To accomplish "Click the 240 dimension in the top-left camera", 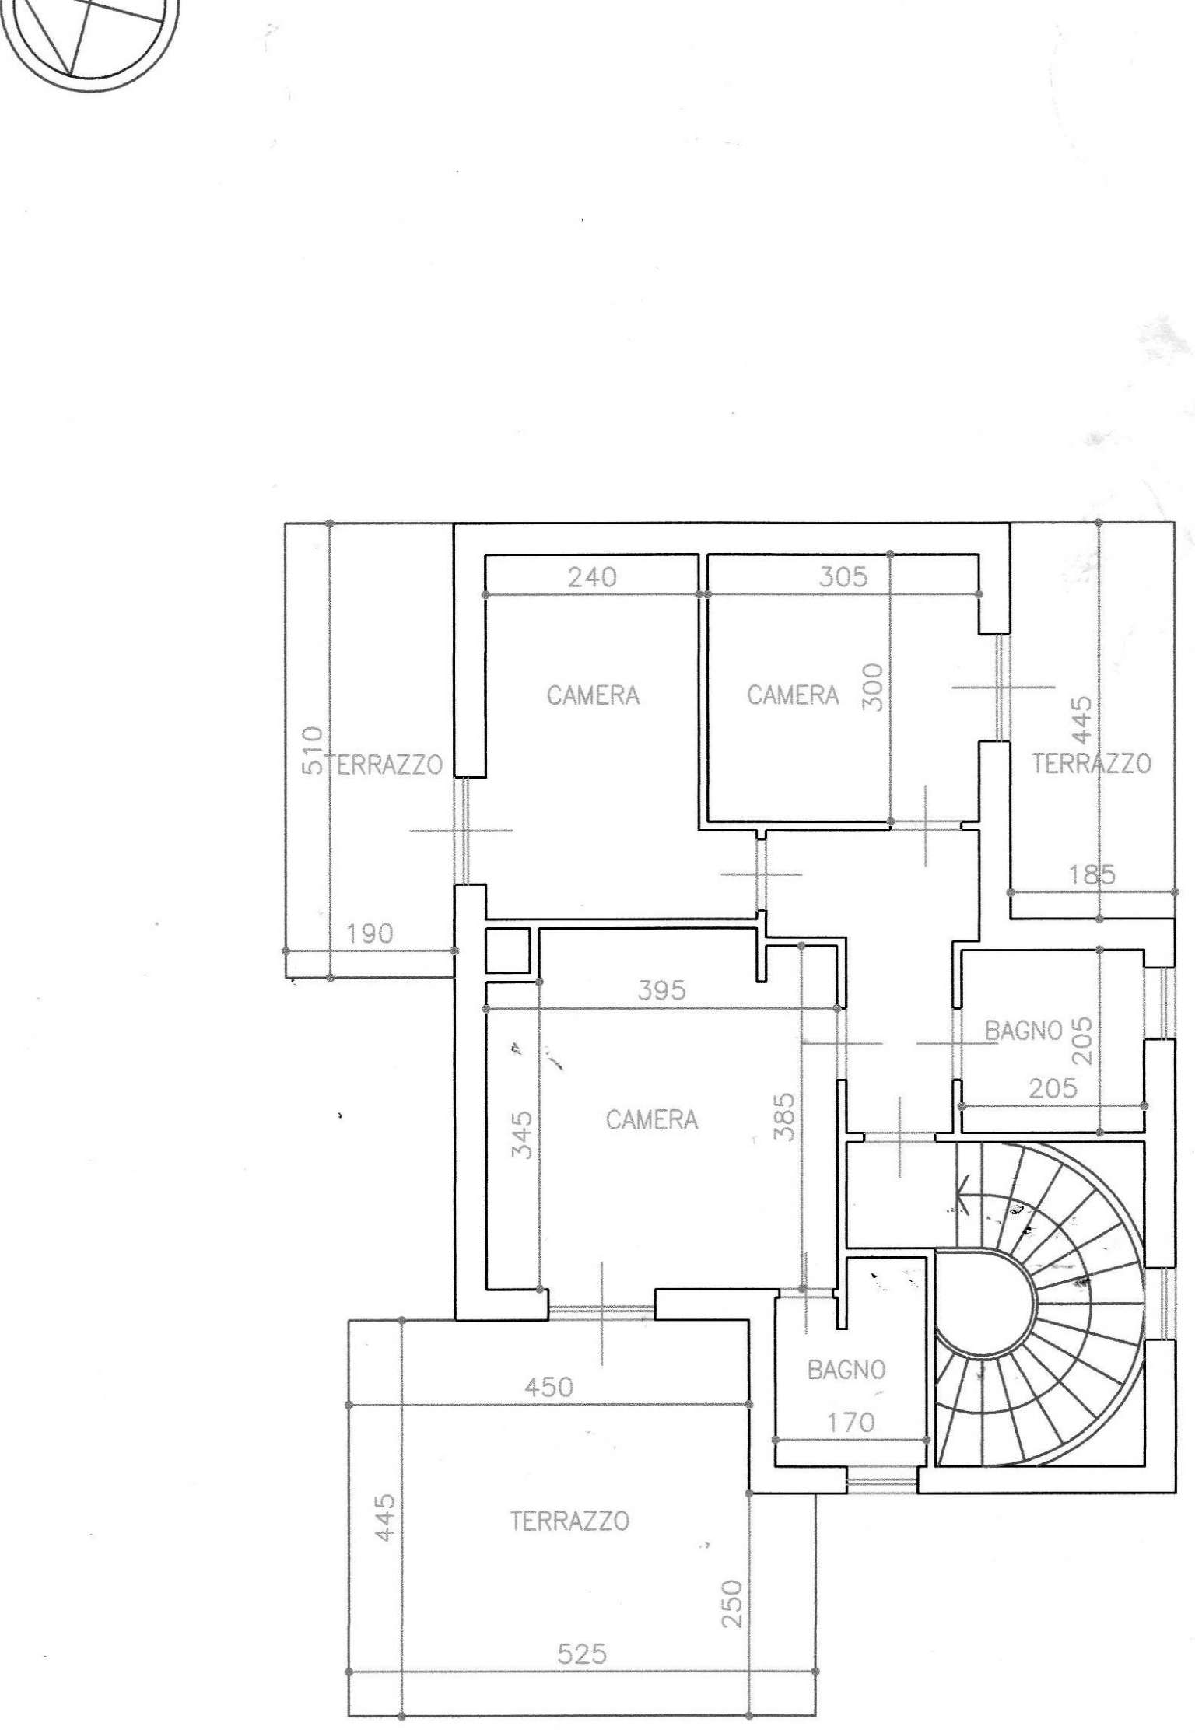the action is [x=592, y=577].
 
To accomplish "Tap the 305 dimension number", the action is [x=843, y=577].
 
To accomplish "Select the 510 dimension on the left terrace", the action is [x=311, y=750].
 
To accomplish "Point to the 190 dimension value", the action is [x=370, y=933].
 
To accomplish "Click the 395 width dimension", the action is [x=661, y=990].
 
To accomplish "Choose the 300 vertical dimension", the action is [x=874, y=687].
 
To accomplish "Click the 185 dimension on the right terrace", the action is [x=1092, y=875].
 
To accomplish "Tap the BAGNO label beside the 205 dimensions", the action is [x=1024, y=1031].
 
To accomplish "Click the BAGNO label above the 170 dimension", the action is [x=846, y=1370].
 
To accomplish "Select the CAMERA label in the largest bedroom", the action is [x=652, y=1120].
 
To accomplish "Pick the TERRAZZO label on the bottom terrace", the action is [x=569, y=1521].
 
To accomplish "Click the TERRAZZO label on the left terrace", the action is [x=387, y=765].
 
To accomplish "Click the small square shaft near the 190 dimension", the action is [x=508, y=951].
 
